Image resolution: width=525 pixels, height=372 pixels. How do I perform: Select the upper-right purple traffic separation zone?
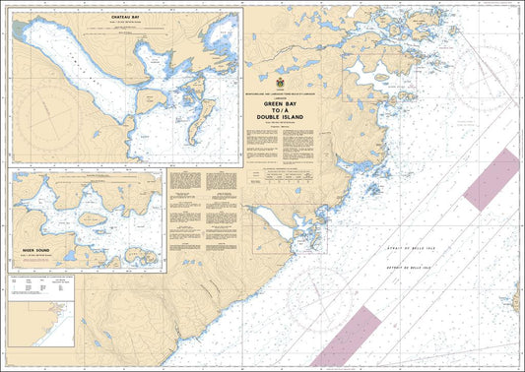pyautogui.click(x=491, y=179)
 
